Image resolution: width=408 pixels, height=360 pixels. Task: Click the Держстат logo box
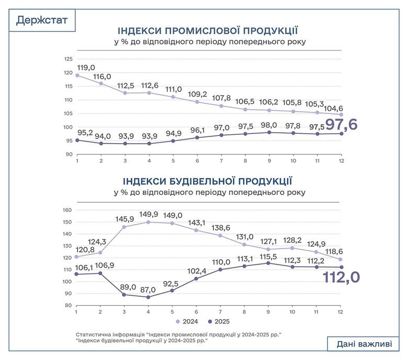(x=42, y=20)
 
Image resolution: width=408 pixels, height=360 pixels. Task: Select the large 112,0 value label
(x=341, y=277)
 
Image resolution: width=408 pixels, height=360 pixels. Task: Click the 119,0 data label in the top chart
(x=86, y=67)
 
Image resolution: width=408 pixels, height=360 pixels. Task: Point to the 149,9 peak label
(x=150, y=214)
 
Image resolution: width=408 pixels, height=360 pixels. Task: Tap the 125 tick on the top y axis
(x=69, y=59)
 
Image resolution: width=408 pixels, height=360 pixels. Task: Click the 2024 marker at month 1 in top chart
(x=77, y=75)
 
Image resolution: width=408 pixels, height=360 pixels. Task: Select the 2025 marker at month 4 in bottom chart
(x=149, y=297)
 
